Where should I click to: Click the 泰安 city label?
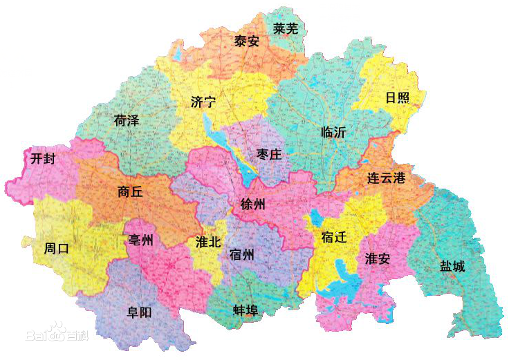pyautogui.click(x=247, y=41)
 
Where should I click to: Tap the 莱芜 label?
pyautogui.click(x=286, y=29)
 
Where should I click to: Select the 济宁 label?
pyautogui.click(x=203, y=102)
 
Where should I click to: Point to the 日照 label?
pyautogui.click(x=397, y=97)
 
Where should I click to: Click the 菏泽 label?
pyautogui.click(x=127, y=120)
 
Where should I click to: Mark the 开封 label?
pyautogui.click(x=43, y=158)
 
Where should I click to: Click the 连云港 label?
pyautogui.click(x=386, y=178)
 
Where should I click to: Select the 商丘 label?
pyautogui.click(x=130, y=192)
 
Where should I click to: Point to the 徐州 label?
pyautogui.click(x=252, y=205)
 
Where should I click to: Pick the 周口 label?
pyautogui.click(x=56, y=248)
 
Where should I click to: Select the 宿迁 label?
pyautogui.click(x=334, y=238)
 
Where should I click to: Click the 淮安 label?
pyautogui.click(x=378, y=258)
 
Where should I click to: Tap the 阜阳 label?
pyautogui.click(x=139, y=312)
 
